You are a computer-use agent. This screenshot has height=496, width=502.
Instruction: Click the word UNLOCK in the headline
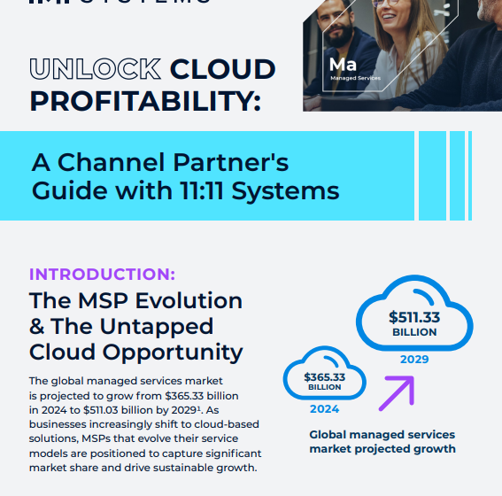click(96, 69)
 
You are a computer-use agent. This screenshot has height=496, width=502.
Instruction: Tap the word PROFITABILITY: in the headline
click(144, 100)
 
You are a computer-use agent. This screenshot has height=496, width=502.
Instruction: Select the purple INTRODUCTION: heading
click(102, 274)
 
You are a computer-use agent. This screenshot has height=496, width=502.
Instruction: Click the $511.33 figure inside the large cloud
click(414, 316)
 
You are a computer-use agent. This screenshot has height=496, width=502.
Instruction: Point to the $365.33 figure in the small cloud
click(324, 376)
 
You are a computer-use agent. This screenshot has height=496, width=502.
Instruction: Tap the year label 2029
click(414, 359)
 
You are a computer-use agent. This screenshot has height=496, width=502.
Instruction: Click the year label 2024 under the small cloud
click(324, 409)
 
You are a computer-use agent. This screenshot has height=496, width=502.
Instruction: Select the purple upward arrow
click(396, 392)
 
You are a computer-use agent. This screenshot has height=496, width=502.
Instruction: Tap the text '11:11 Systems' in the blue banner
click(278, 190)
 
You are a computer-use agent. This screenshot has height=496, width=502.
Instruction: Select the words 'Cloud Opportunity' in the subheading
click(136, 352)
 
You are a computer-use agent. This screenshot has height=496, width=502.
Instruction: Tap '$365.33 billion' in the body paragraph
click(201, 396)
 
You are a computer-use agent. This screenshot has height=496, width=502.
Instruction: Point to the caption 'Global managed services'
click(382, 435)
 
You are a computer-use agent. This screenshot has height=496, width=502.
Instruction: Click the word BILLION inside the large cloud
click(414, 332)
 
